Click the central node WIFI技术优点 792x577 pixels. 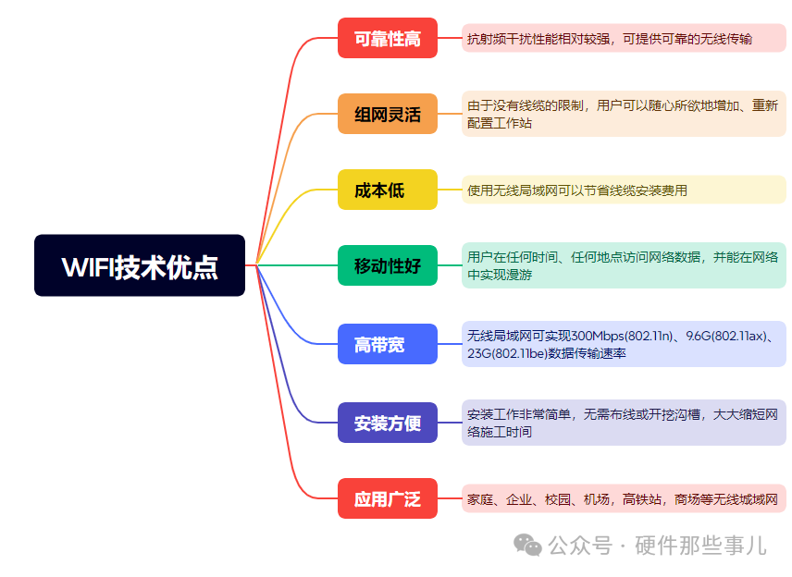click(x=140, y=265)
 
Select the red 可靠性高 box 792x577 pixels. click(x=388, y=38)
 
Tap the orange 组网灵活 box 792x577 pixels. click(x=388, y=114)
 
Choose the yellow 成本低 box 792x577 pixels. click(x=388, y=190)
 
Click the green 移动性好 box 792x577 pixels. click(x=388, y=265)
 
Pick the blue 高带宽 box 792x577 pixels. click(x=388, y=344)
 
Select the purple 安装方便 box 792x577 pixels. click(x=388, y=423)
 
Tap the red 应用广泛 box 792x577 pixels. click(x=388, y=498)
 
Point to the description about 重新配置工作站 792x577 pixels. click(x=624, y=114)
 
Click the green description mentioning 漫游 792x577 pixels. click(x=624, y=265)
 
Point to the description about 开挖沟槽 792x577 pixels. click(x=624, y=423)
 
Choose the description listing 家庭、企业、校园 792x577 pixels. click(x=624, y=498)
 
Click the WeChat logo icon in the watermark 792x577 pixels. click(x=527, y=546)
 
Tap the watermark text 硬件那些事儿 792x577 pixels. click(x=700, y=546)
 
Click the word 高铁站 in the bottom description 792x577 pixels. click(x=641, y=499)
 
